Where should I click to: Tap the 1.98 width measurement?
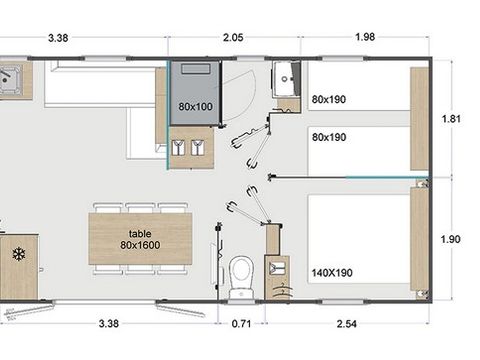(x=365, y=38)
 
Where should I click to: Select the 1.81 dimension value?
(x=452, y=118)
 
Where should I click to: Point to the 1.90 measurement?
(x=452, y=240)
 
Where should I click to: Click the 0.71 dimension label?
(x=241, y=324)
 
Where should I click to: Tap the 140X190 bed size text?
(x=333, y=271)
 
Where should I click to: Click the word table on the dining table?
(x=139, y=232)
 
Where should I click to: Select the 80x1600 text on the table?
(x=139, y=245)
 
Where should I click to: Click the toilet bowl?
(x=240, y=272)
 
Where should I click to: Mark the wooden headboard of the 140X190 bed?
(x=419, y=241)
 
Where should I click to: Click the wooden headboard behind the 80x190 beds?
(x=419, y=120)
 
